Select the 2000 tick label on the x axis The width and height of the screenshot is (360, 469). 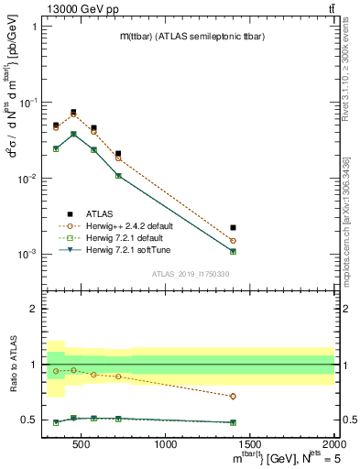(x=333, y=445)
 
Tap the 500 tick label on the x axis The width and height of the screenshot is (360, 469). (x=82, y=445)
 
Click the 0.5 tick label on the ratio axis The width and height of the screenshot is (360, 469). (x=29, y=420)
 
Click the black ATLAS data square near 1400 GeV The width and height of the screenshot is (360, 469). (x=234, y=227)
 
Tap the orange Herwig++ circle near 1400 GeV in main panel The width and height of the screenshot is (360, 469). (x=234, y=241)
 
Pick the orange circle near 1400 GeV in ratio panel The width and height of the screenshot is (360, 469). (x=234, y=397)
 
